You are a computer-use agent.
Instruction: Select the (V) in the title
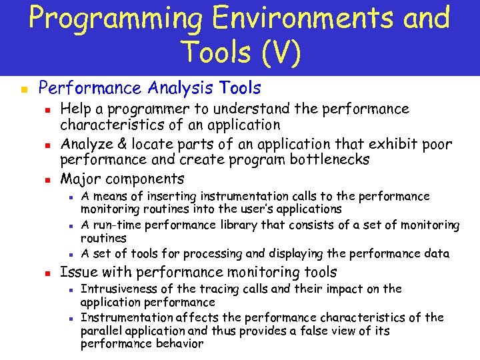[275, 52]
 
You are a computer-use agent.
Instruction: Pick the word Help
[74, 109]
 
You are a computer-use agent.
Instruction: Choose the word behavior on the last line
[176, 344]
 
